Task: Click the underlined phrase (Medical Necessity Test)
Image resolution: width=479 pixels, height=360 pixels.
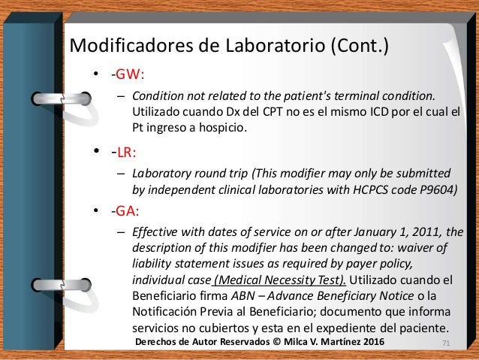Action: pyautogui.click(x=279, y=280)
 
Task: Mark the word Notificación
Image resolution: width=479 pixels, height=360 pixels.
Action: pyautogui.click(x=168, y=312)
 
